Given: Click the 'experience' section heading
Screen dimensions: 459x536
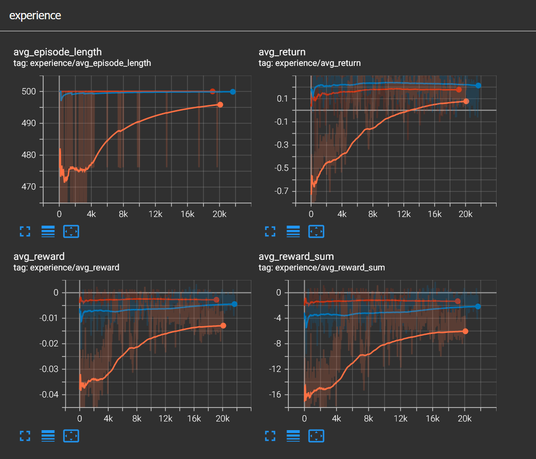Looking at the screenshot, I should (x=35, y=15).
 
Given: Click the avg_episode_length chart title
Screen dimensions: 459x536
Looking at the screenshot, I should (x=58, y=52).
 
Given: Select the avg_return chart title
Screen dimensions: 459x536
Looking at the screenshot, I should (x=282, y=52).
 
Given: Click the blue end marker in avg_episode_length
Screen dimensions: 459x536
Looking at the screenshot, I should (x=233, y=91).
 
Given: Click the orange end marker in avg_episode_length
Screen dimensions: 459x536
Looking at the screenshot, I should (x=220, y=104).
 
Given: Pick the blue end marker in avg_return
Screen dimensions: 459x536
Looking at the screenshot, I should (x=478, y=86).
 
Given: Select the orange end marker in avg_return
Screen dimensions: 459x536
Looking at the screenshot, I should (x=466, y=101).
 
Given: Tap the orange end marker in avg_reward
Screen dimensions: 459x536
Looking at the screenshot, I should (x=223, y=326).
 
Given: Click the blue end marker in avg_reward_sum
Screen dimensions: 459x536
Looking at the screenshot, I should (x=478, y=306).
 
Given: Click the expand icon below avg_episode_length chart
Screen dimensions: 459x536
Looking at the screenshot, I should (x=25, y=231).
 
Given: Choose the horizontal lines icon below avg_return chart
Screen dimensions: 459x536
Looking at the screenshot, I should (x=293, y=231).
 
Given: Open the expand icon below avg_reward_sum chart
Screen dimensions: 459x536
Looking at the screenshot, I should (x=270, y=436).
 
